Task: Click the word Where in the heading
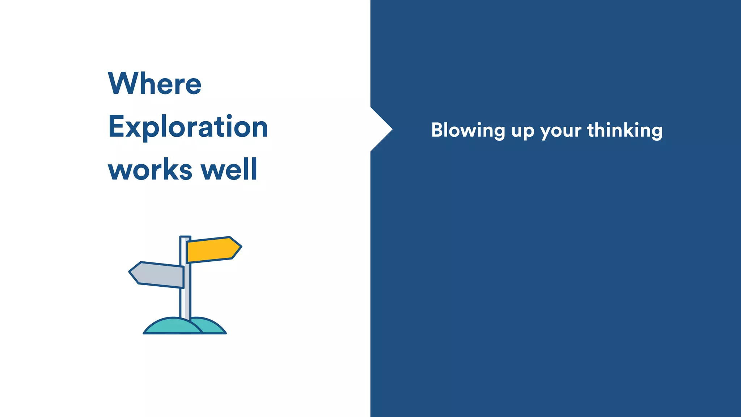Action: point(154,84)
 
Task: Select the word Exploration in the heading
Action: point(188,127)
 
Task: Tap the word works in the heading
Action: point(150,170)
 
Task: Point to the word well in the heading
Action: point(229,169)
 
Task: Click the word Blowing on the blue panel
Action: point(468,130)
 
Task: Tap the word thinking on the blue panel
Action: point(624,130)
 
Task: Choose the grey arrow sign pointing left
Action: point(157,275)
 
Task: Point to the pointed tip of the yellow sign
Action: point(240,247)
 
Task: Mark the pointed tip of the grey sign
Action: point(130,271)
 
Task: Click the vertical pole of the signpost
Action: point(185,300)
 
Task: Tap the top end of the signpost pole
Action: point(185,237)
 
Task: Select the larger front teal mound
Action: point(172,327)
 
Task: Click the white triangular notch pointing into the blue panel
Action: point(380,129)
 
